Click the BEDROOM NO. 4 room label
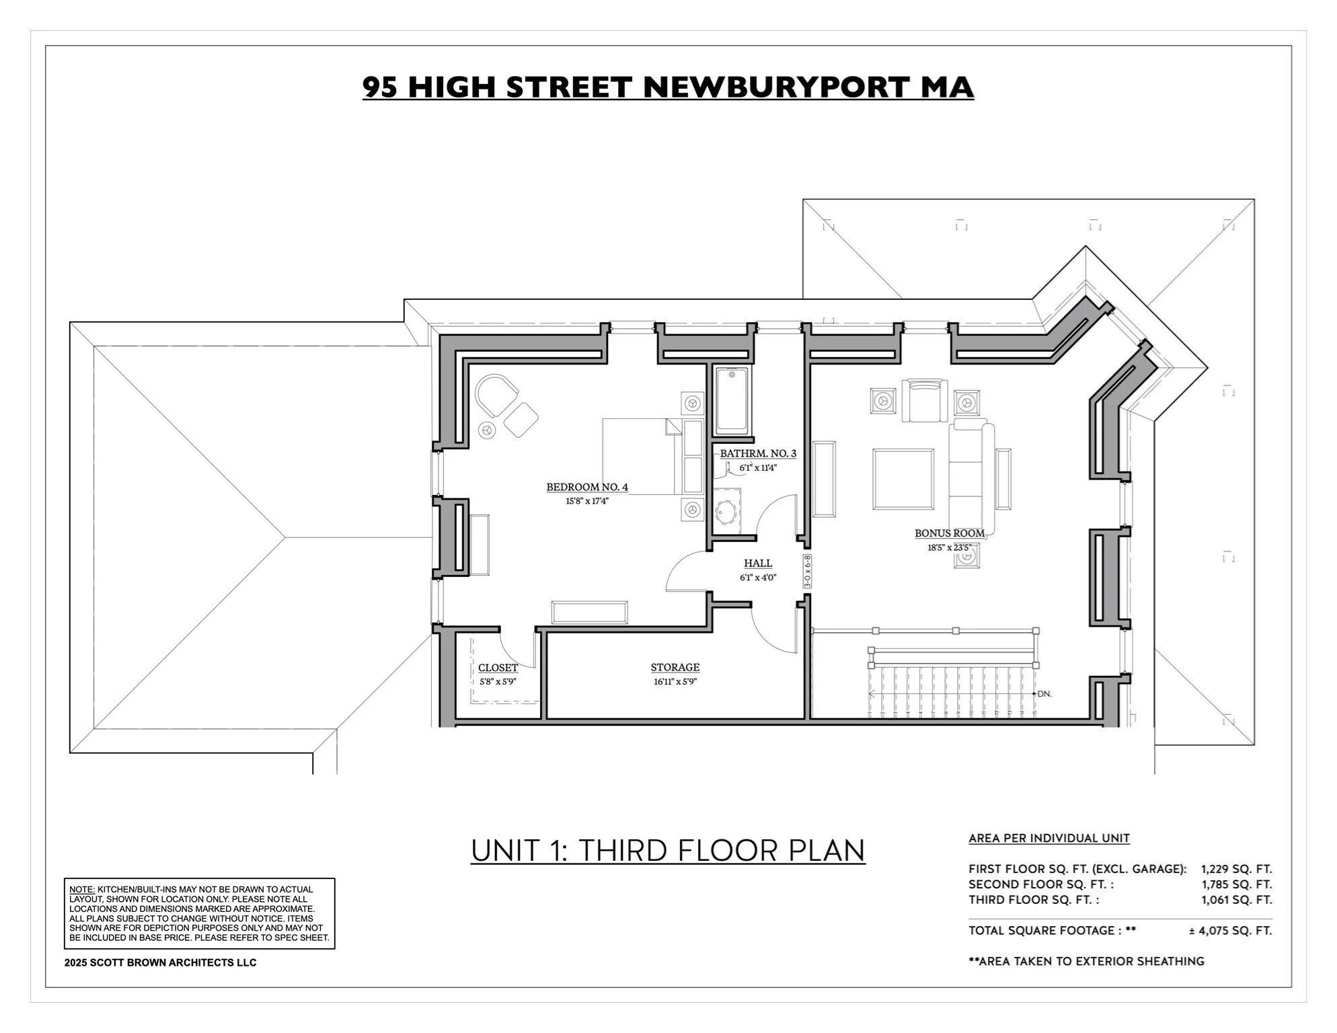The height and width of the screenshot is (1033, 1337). (x=586, y=487)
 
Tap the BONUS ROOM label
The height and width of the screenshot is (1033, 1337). (x=949, y=533)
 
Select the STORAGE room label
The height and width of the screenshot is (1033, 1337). (x=675, y=667)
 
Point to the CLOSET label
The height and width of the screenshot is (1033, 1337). (x=498, y=668)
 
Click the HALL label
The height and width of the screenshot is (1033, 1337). (x=758, y=564)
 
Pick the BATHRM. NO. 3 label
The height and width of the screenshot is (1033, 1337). (x=758, y=453)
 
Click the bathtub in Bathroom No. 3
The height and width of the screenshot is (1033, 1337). (x=731, y=400)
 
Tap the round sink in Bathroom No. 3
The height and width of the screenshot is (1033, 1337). (x=726, y=514)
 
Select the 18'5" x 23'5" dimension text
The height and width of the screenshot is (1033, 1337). (x=949, y=547)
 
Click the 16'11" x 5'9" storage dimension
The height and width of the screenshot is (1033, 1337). (x=675, y=681)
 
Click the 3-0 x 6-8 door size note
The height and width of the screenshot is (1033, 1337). (x=807, y=572)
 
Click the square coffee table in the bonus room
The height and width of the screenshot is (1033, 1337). (x=903, y=479)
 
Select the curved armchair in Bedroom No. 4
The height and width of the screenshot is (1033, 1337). (x=495, y=396)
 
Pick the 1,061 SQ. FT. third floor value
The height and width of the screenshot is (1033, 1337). (x=1236, y=900)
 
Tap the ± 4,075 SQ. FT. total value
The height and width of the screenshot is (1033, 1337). (x=1230, y=931)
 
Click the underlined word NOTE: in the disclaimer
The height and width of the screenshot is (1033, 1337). (x=82, y=889)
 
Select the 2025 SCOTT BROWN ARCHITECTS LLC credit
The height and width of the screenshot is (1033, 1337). (x=160, y=962)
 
